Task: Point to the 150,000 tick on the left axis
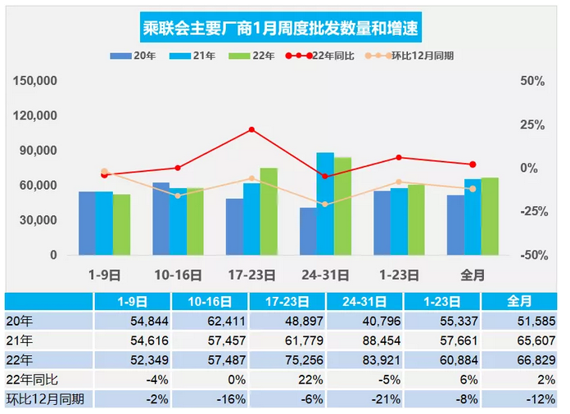[x=35, y=81]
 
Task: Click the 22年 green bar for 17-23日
[x=269, y=211]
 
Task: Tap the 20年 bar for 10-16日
[x=161, y=218]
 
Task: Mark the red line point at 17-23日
[x=251, y=129]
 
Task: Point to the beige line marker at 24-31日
[x=325, y=204]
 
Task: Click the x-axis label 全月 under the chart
[x=473, y=275]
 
